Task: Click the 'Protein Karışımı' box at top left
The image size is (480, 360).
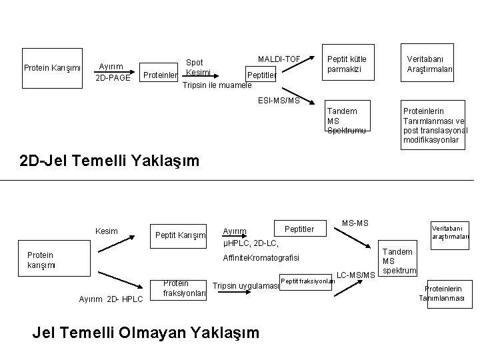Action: coord(53,67)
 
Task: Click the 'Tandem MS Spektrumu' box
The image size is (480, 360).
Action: coord(347,121)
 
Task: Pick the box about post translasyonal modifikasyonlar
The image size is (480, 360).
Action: coord(435,125)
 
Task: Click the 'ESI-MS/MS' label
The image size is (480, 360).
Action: coord(279,101)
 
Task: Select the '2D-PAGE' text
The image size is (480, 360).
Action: coord(113,79)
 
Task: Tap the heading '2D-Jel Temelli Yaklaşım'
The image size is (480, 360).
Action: coord(109,161)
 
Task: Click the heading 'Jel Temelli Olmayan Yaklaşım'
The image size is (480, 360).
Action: coord(146,331)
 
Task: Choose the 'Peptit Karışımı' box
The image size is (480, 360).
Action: coord(179,235)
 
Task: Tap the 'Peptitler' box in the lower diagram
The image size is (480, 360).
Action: coord(299,229)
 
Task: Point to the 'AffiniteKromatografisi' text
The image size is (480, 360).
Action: coord(261,257)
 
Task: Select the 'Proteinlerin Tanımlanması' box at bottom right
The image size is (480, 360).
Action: coord(445,292)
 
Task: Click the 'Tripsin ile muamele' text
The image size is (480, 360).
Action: coord(217,85)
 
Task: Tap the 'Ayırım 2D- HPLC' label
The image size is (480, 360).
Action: coord(111,299)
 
